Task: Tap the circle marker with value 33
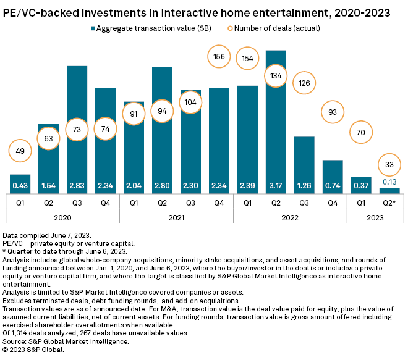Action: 389,164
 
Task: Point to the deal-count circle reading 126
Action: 304,83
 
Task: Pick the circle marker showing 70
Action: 361,132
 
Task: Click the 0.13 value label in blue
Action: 389,182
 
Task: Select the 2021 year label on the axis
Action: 176,217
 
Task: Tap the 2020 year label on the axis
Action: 63,217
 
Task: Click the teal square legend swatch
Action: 94,28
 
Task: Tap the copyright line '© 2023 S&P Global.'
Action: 33,349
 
